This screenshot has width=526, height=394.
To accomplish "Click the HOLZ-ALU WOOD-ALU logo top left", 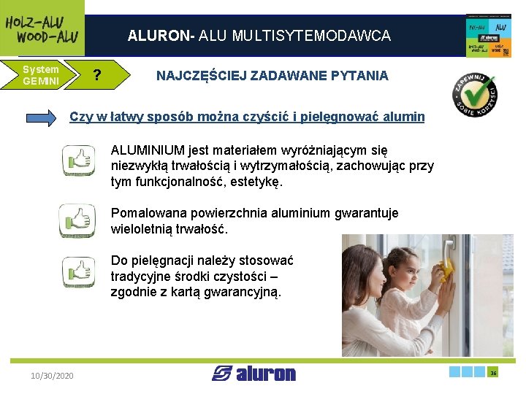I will (x=41, y=28).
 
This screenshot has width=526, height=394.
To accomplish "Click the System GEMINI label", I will (x=41, y=75).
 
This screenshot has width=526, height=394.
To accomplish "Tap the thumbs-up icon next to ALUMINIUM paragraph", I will (x=78, y=159).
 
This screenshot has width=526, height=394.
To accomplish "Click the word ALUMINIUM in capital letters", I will (x=148, y=151).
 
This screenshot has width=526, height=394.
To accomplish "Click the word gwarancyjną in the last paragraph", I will (x=245, y=293).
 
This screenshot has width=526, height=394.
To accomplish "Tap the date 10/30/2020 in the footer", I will (x=52, y=375).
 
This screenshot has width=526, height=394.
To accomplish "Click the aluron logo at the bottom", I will (x=254, y=374).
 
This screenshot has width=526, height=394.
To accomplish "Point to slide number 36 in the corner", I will (x=493, y=372).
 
